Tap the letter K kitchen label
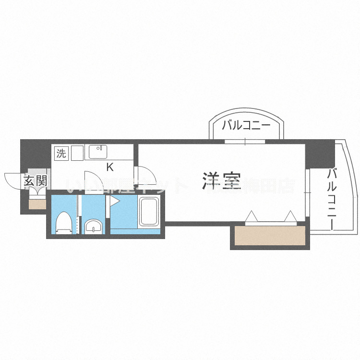point(109,167)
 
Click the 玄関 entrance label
point(35,181)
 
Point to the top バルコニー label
point(246,126)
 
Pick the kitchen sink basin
point(99,152)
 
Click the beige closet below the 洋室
point(269,236)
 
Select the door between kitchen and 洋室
point(144,175)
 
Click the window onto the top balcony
point(245,142)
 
